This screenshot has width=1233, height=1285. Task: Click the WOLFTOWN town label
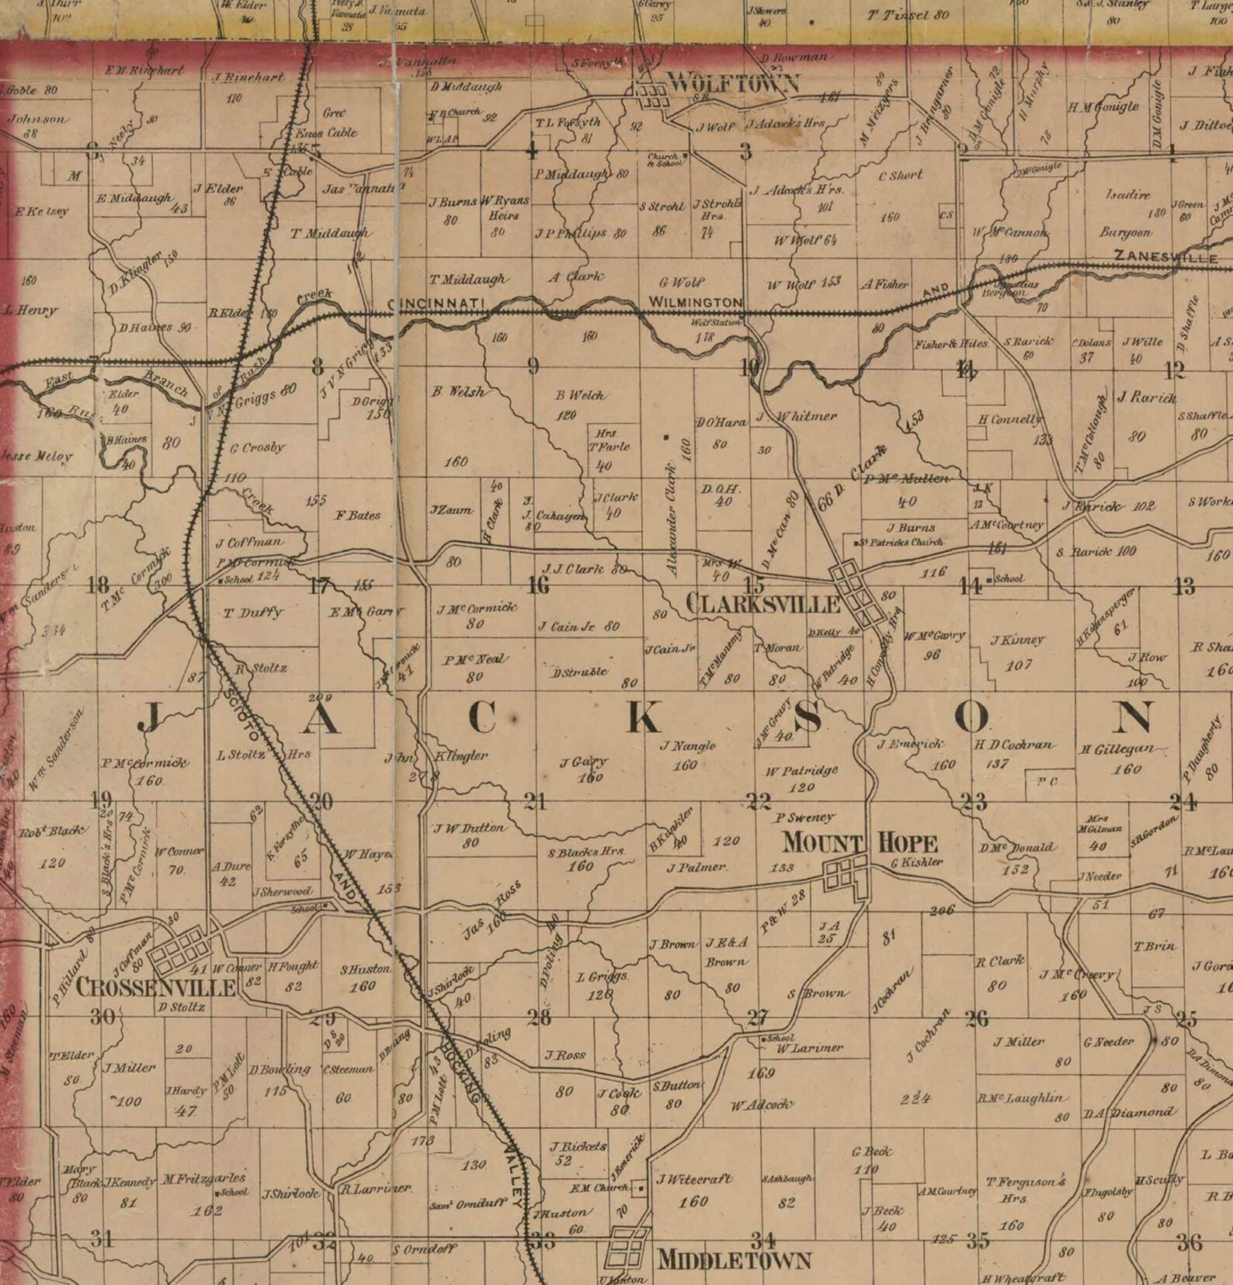click(x=733, y=83)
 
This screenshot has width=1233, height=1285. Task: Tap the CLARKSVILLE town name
click(x=764, y=605)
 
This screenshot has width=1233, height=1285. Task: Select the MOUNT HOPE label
click(x=860, y=842)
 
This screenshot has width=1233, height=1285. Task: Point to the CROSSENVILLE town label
click(x=156, y=987)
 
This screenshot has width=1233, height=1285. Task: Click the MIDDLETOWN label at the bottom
click(x=734, y=1259)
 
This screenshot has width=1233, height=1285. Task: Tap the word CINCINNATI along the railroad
click(x=436, y=303)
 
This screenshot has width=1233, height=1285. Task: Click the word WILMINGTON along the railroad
click(x=696, y=302)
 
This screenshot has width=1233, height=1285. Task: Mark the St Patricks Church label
click(x=903, y=542)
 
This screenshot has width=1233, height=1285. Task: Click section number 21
click(x=535, y=801)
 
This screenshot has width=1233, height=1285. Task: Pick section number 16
click(x=538, y=585)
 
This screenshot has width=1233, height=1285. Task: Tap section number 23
click(x=974, y=801)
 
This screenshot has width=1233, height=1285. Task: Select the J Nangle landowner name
click(x=688, y=746)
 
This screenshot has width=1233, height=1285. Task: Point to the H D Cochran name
click(x=1014, y=745)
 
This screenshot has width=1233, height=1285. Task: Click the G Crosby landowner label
click(x=257, y=448)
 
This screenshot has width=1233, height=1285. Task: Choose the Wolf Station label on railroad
click(x=716, y=322)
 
